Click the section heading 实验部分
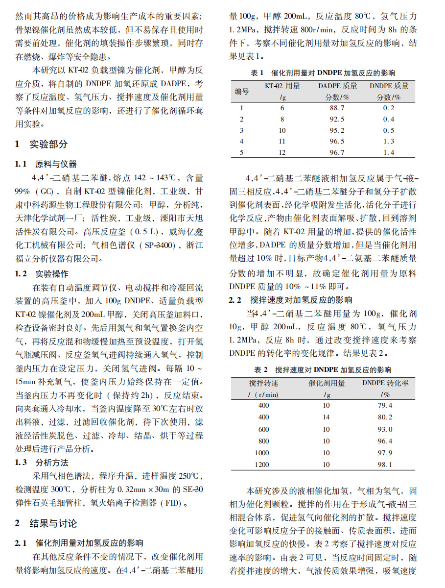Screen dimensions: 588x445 pyautogui.click(x=48, y=144)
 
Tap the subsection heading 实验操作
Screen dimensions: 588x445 pyautogui.click(x=52, y=274)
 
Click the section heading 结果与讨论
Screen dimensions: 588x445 pyautogui.click(x=53, y=523)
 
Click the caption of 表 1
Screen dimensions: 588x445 pyautogui.click(x=323, y=73)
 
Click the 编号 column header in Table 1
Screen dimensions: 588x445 pyautogui.click(x=241, y=91)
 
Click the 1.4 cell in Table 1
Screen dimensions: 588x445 pyautogui.click(x=389, y=152)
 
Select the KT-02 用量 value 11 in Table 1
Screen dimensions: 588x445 pyautogui.click(x=282, y=141)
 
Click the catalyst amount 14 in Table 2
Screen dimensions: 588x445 pyautogui.click(x=326, y=417)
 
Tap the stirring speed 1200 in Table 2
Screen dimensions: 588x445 pyautogui.click(x=263, y=465)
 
